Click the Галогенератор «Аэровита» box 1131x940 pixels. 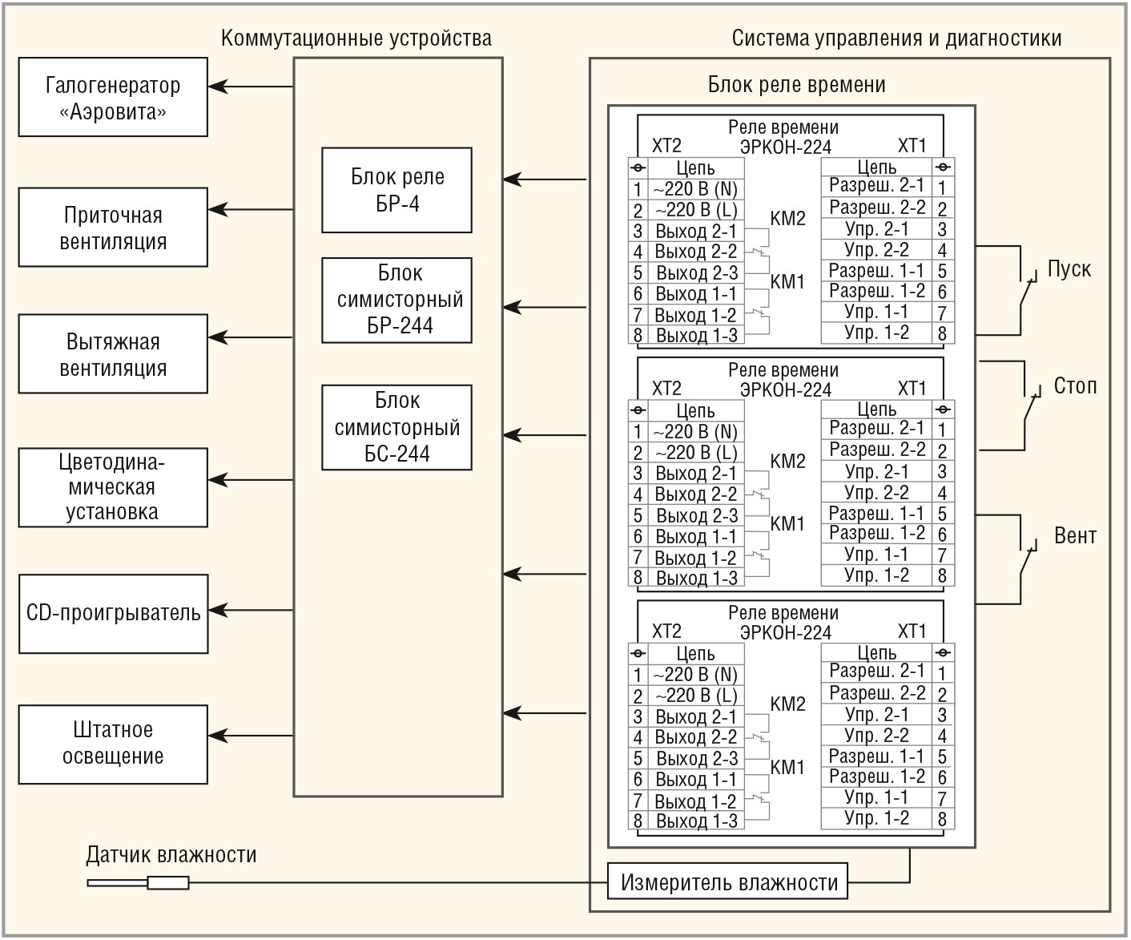(113, 97)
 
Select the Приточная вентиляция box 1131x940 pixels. (113, 228)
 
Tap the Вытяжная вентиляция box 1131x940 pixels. (113, 354)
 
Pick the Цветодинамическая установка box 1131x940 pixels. (113, 487)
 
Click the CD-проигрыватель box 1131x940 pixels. (113, 614)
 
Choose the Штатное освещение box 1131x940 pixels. (113, 744)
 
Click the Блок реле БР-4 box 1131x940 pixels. (396, 190)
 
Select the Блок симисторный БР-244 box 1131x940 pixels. (396, 300)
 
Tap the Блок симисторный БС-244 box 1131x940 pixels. (396, 427)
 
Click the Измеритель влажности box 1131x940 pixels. (728, 882)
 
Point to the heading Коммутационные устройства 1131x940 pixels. (356, 38)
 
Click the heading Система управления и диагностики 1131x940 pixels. (896, 38)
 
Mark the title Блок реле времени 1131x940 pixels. (796, 85)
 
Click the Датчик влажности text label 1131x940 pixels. (171, 855)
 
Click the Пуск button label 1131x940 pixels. (1069, 269)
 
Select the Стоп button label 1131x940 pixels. (1074, 386)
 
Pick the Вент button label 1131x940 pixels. (1074, 535)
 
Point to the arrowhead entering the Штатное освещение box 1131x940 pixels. (217, 734)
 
